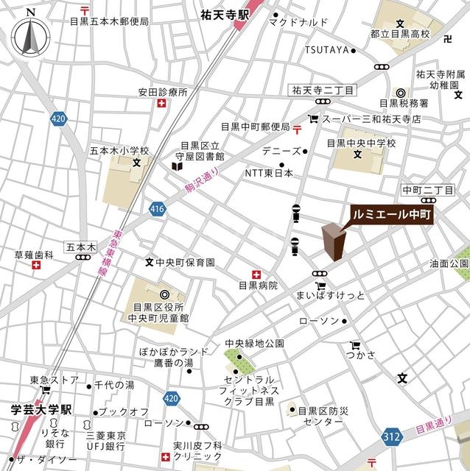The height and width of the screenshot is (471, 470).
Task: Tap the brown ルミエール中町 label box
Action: click(391, 214)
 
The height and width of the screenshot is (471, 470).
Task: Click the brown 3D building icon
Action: click(334, 242)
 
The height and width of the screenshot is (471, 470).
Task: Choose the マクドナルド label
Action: click(298, 22)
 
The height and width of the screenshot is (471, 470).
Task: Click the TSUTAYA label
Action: click(328, 50)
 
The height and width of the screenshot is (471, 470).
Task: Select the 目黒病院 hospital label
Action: click(257, 285)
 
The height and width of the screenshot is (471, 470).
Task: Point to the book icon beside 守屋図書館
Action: click(177, 167)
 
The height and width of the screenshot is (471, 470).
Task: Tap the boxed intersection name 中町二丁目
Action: click(427, 190)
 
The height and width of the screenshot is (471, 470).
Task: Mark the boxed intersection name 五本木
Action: click(80, 247)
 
